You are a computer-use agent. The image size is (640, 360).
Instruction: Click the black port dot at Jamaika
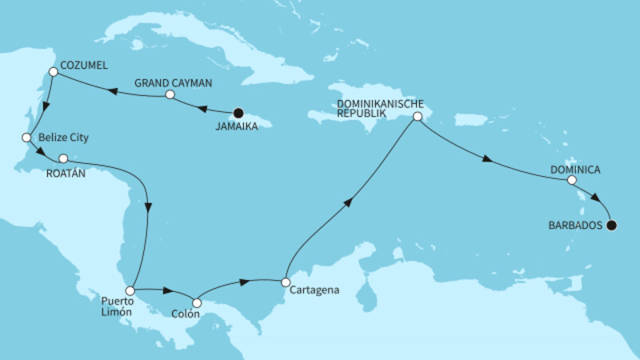pos(238,114)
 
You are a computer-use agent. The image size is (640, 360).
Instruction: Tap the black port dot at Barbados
pos(612,226)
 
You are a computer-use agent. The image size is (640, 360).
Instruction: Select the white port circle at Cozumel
pos(53,72)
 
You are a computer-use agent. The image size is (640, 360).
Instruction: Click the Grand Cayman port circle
pos(170,95)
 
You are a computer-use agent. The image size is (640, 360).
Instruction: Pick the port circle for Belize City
pos(26,138)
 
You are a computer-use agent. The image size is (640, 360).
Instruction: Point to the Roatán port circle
pos(63,158)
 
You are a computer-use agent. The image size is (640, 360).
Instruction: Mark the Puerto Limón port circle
pos(129,290)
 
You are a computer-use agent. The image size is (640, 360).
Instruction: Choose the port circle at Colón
pos(198,303)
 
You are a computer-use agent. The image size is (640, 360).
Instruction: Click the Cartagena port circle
pos(285,282)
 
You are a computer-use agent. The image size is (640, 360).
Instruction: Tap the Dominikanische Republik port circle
pos(417,117)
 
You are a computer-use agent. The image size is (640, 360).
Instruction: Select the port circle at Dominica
pos(571,181)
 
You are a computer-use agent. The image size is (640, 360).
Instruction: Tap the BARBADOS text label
pos(574,226)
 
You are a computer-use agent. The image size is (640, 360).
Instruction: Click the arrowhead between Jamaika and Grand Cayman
pos(202,108)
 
